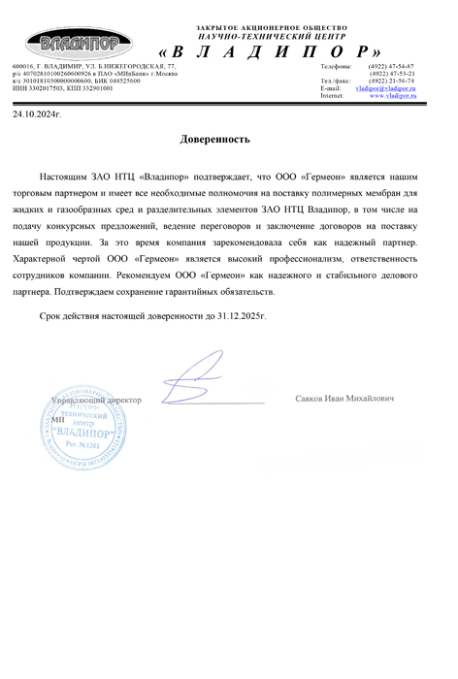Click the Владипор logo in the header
[73, 43]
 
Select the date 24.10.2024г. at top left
[36, 114]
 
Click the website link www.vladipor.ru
[392, 96]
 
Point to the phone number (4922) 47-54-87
[392, 66]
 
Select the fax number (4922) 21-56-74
[392, 81]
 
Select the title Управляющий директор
[96, 400]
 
